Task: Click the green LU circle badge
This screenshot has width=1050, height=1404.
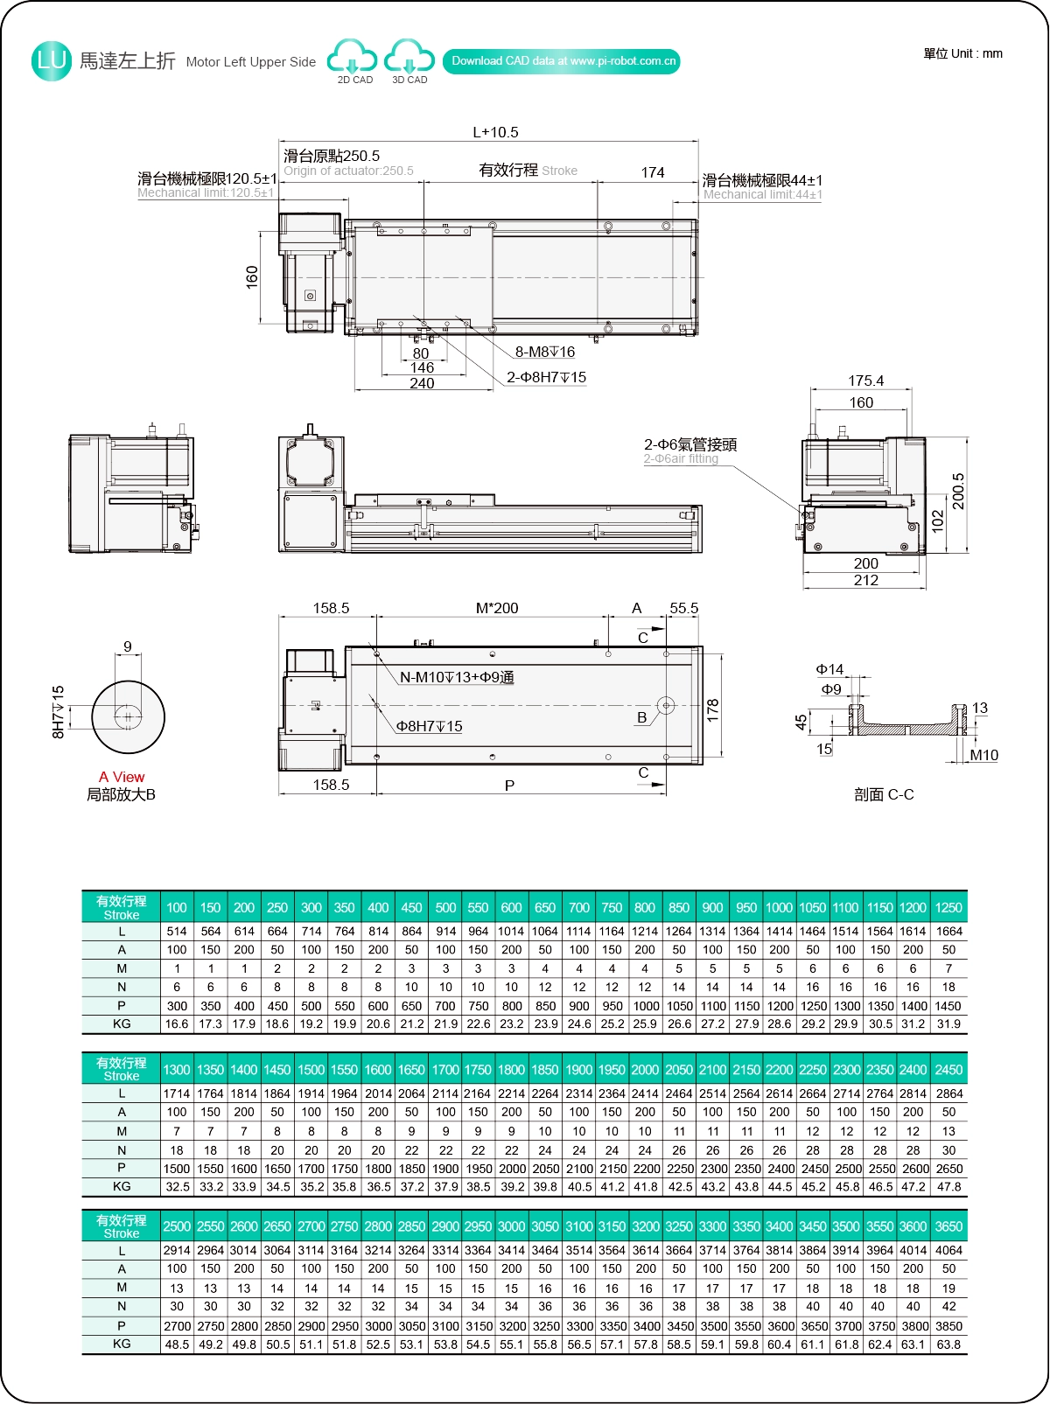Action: pos(51,61)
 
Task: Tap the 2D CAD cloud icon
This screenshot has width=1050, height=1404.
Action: pos(353,58)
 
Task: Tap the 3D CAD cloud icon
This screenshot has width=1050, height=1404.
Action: pos(409,58)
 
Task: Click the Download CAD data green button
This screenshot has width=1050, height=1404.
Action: pos(562,61)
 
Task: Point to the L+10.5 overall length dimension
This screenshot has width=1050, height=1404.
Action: pos(495,133)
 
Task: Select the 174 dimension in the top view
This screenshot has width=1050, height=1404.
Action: pos(653,173)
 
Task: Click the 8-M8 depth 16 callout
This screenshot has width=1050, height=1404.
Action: pos(544,353)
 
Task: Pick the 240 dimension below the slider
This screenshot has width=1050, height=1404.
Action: pos(422,384)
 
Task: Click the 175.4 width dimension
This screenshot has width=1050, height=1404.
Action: pos(865,381)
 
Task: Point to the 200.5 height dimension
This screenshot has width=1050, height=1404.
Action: pos(959,492)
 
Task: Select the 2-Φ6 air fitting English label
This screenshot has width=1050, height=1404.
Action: pos(681,459)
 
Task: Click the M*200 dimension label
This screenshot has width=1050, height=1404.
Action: pos(497,609)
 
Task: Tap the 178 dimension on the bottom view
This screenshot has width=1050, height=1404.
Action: pos(713,709)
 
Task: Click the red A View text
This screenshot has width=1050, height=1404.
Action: pos(122,778)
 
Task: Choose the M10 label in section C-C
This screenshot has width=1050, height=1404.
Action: pos(983,756)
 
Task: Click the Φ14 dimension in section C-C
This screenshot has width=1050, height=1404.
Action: pos(829,670)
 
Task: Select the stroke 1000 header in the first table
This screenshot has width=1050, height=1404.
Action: pos(779,908)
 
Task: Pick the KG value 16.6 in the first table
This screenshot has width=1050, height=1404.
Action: pos(177,1024)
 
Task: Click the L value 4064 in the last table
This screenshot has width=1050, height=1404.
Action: pos(948,1251)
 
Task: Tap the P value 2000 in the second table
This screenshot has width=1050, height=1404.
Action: pos(512,1169)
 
